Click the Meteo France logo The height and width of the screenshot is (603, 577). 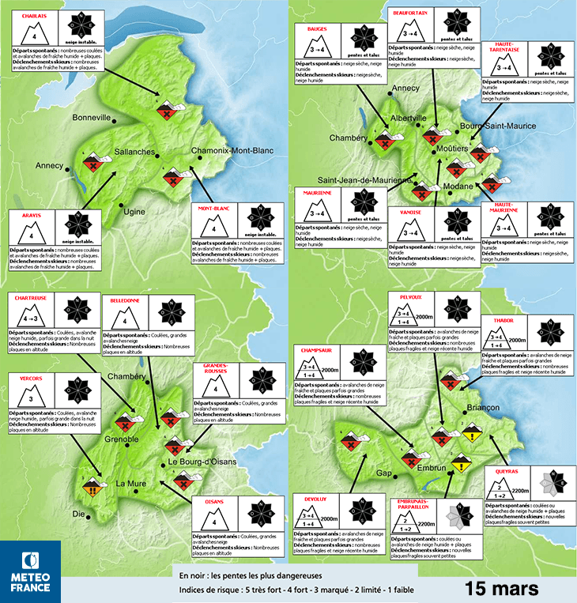[x=31, y=571]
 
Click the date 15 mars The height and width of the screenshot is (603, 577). [x=501, y=588]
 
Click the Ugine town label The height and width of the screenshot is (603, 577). [x=135, y=212]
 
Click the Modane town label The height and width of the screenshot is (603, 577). [x=458, y=186]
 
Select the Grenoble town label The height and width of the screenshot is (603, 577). [x=122, y=439]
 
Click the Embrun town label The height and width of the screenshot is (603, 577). [x=432, y=469]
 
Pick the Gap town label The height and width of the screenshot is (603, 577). [x=384, y=473]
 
